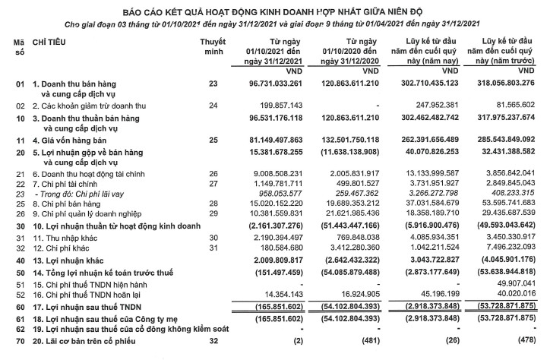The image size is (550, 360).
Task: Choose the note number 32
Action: [213, 342]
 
